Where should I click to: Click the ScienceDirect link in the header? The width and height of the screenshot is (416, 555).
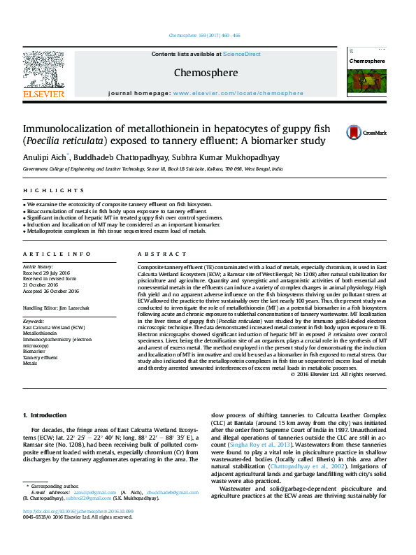tap(241, 54)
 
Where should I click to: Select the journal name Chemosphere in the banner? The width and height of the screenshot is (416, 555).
tap(206, 73)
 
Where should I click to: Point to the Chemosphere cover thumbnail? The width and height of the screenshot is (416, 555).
tap(366, 75)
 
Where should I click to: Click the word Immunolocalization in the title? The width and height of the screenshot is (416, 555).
tap(70, 129)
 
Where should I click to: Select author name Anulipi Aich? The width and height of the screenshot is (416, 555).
tap(45, 157)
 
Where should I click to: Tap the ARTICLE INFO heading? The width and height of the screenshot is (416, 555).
tap(57, 254)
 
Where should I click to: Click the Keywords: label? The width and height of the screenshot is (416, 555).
tap(34, 321)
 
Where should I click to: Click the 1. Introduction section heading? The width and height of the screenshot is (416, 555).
tap(45, 416)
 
